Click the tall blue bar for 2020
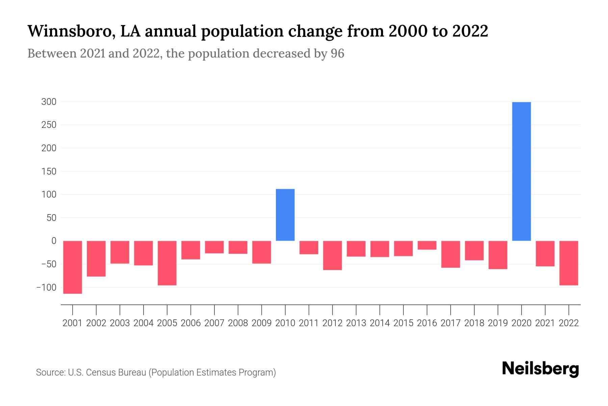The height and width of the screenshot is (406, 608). pyautogui.click(x=521, y=171)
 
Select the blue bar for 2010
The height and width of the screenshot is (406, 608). pyautogui.click(x=285, y=215)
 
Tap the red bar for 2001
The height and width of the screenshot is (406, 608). pyautogui.click(x=73, y=267)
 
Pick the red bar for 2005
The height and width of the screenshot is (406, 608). pyautogui.click(x=167, y=263)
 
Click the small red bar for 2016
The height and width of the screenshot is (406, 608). pyautogui.click(x=427, y=245)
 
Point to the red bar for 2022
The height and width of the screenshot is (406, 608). pyautogui.click(x=568, y=263)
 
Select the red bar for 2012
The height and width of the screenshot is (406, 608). pyautogui.click(x=332, y=255)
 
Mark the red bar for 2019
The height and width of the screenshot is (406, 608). pyautogui.click(x=498, y=255)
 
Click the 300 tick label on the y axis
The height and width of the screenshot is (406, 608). pyautogui.click(x=49, y=101)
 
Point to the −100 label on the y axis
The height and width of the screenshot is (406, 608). pyautogui.click(x=46, y=287)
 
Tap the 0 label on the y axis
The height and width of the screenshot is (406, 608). pyautogui.click(x=53, y=241)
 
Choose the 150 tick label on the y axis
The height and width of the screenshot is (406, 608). pyautogui.click(x=49, y=171)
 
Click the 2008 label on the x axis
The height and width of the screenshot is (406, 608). pyautogui.click(x=238, y=323)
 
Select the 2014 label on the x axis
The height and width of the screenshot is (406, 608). pyautogui.click(x=380, y=323)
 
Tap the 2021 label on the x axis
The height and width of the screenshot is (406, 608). pyautogui.click(x=545, y=323)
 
